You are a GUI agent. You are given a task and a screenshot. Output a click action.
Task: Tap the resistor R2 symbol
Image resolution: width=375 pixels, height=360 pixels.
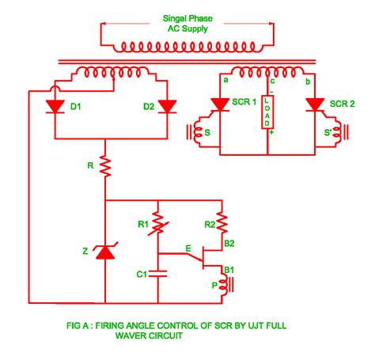point(224,218)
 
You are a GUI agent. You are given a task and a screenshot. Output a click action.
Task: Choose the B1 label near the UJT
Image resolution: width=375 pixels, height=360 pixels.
point(230,270)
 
